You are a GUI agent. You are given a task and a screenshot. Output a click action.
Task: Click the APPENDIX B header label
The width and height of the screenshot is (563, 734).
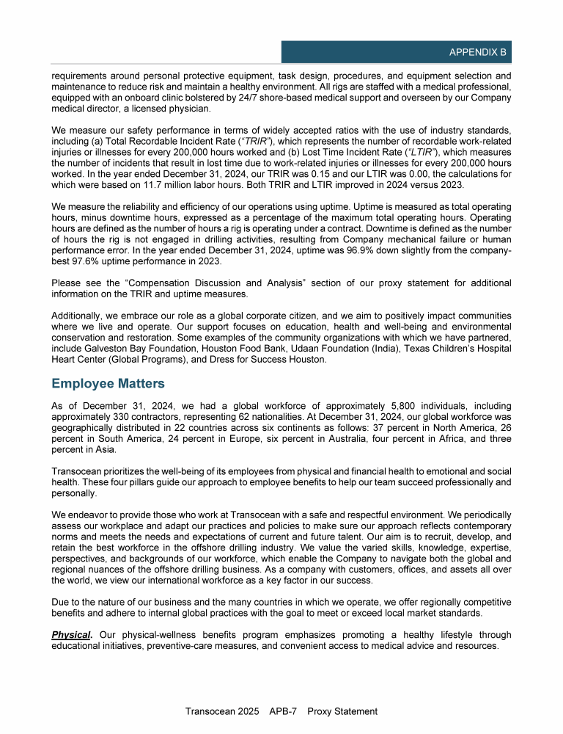coord(479,53)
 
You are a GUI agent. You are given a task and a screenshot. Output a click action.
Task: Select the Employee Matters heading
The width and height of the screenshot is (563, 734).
coord(108,383)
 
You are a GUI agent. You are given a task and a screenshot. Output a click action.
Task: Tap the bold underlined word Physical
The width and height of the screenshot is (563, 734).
coord(71,634)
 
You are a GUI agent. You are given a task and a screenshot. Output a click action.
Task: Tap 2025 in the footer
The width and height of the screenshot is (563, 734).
coord(251,711)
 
